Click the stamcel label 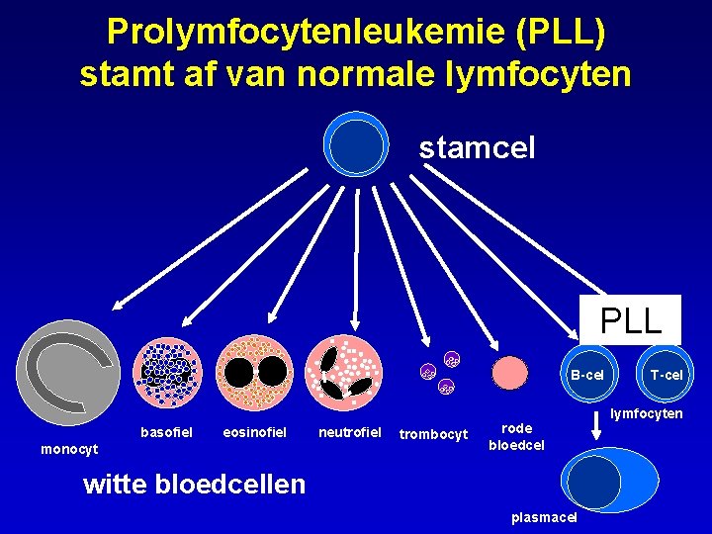coord(477,148)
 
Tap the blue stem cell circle coord(357,146)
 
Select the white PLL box coord(631,320)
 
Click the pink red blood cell coord(510,373)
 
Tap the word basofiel coord(161,432)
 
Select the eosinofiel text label coord(255,432)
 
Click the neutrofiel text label coord(349,432)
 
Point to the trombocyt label coord(432,433)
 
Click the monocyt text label coord(69,450)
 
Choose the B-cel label coord(586,375)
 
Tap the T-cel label coord(666,375)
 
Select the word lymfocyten coord(646,413)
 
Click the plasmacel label coord(544,518)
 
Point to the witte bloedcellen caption coord(195,485)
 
